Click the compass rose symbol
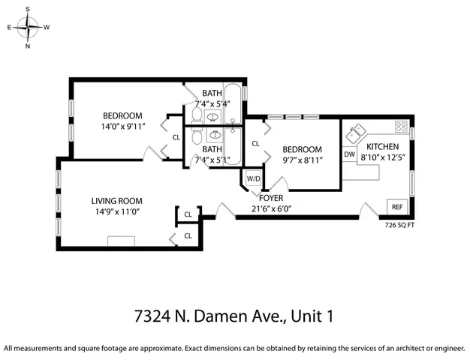29,28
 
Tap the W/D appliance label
253,179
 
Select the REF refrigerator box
396,207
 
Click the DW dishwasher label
349,154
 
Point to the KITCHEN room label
382,146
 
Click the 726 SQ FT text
399,224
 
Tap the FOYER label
271,199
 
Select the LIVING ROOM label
116,201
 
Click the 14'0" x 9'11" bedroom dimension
122,126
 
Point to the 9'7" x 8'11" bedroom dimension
303,160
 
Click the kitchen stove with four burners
401,126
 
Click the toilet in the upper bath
195,115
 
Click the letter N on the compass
29,46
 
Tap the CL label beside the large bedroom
176,137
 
